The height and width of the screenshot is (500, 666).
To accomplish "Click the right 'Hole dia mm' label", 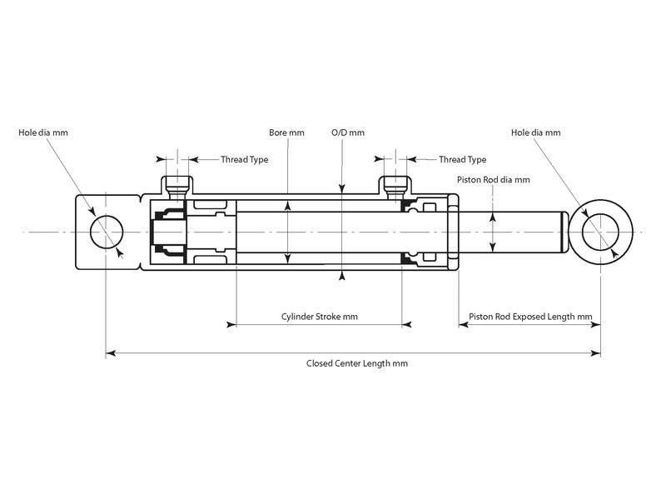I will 535,132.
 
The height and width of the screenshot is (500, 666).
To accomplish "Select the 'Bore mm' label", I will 286,132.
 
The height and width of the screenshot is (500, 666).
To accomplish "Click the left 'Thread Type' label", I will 244,159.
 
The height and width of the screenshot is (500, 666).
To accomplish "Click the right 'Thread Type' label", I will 462,159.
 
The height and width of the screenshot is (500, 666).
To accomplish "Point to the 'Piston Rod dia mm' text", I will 494,179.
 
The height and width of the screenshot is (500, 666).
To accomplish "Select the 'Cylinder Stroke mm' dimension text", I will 320,317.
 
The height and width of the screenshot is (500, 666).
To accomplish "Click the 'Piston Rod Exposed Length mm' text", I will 530,317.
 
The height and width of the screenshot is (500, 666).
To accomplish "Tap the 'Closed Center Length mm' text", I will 352,363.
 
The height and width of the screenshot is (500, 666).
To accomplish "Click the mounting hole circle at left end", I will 105,231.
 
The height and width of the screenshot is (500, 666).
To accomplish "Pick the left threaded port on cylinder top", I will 176,184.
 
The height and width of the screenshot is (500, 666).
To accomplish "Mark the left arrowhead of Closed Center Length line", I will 110,353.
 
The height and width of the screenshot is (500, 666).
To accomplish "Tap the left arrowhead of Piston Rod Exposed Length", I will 463,325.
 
